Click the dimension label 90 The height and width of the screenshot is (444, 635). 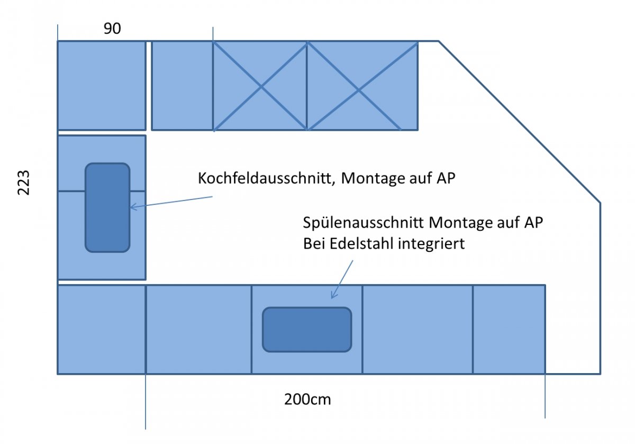(x=112, y=29)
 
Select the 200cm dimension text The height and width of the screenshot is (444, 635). (x=307, y=399)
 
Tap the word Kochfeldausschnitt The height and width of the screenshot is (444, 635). (x=265, y=178)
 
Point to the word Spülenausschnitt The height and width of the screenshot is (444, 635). (x=364, y=223)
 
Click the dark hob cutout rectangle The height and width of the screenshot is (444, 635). (x=107, y=207)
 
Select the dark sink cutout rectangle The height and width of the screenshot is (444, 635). (x=307, y=329)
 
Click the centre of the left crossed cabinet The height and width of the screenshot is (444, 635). (x=260, y=86)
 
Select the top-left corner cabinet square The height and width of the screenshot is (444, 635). (x=101, y=85)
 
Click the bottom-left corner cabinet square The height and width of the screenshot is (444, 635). (x=101, y=329)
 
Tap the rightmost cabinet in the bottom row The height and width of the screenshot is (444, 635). (x=509, y=329)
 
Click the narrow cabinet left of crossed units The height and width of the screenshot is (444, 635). (x=182, y=85)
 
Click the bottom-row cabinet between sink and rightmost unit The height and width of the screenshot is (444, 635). (x=417, y=329)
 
